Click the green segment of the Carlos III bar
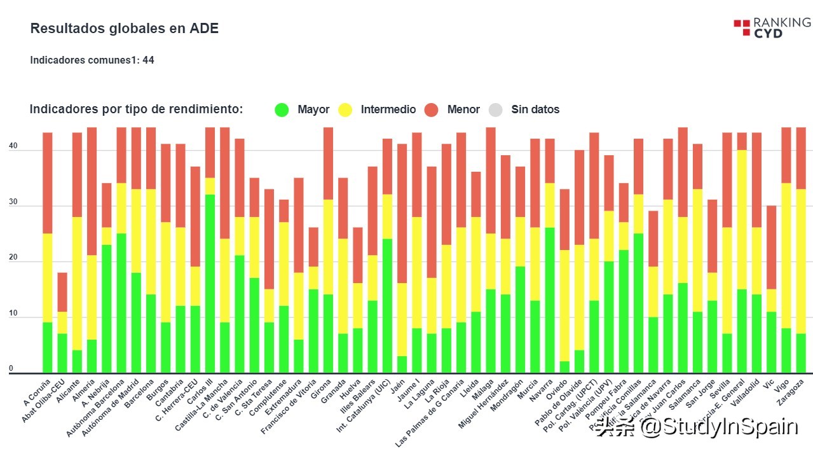coord(210,284)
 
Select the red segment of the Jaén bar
coord(402,214)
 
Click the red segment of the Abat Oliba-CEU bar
coord(62,292)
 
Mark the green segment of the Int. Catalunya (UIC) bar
coord(387,306)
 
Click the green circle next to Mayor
coord(282,109)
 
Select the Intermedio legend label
coord(388,109)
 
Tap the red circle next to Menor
coord(432,109)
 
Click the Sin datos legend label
coord(535,109)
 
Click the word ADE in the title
coord(205,29)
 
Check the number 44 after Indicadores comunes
coord(148,60)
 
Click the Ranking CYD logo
coord(772,28)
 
